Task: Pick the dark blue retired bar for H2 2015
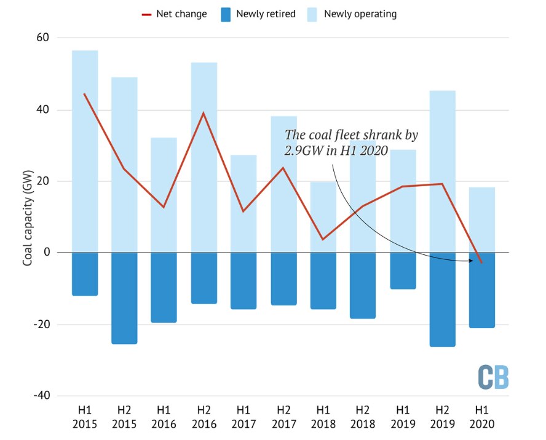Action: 124,298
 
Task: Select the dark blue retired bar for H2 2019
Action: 442,300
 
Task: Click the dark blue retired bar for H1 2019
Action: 403,270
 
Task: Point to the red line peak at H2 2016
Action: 204,113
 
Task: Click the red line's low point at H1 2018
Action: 323,239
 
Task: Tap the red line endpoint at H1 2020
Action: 482,262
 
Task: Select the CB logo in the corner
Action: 494,377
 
